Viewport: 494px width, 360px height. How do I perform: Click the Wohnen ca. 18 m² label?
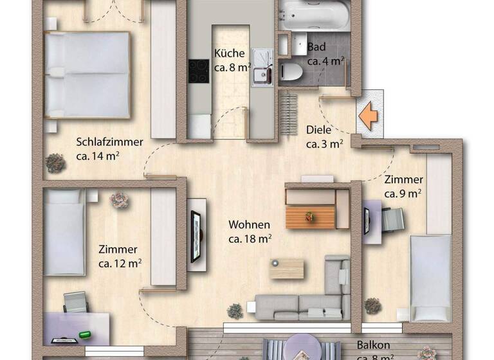pyautogui.click(x=250, y=231)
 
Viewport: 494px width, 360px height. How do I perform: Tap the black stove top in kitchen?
pyautogui.click(x=197, y=71)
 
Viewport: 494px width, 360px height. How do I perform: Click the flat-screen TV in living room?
pyautogui.click(x=195, y=235)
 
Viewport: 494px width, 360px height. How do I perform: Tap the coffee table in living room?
pyautogui.click(x=286, y=268)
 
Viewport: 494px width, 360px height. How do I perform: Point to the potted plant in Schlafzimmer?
pyautogui.click(x=55, y=163)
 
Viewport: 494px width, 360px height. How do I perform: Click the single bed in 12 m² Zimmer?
pyautogui.click(x=64, y=231)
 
